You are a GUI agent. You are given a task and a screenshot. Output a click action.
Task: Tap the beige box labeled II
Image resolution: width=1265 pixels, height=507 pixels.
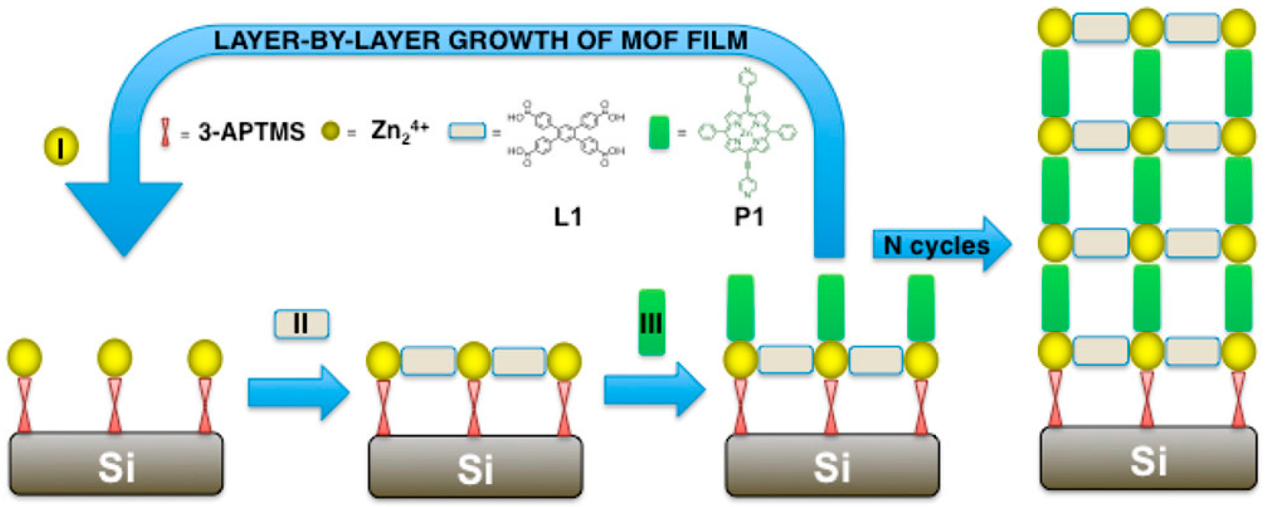point(301,324)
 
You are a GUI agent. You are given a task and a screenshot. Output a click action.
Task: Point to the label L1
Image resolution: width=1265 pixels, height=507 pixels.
point(568,216)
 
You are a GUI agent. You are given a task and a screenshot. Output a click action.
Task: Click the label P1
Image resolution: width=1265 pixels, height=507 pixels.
point(748,216)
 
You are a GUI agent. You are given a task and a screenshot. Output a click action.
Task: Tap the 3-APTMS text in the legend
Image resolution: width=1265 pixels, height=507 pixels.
point(252,132)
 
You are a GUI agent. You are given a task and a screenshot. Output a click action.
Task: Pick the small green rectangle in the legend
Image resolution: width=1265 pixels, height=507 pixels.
point(659,132)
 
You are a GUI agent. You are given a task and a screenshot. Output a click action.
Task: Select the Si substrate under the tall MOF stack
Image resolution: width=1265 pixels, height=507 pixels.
point(1148,459)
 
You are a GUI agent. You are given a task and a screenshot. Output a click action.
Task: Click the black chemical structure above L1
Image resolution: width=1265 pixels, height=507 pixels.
point(566,133)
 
